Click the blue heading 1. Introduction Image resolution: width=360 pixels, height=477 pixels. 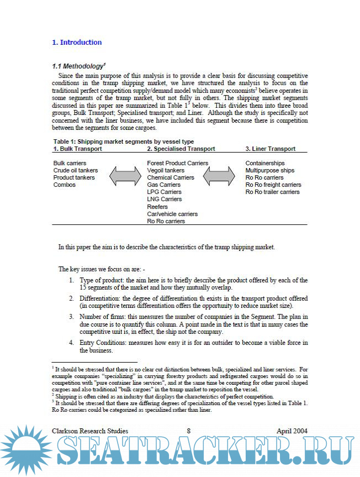click(x=77, y=43)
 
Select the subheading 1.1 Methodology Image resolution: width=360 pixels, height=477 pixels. click(x=78, y=66)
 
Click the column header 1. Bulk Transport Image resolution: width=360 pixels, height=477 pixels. click(x=77, y=149)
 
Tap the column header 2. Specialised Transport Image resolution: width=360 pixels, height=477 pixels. click(x=181, y=149)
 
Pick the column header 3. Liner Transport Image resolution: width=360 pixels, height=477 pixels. click(x=270, y=149)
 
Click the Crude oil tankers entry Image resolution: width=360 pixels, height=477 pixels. click(x=76, y=170)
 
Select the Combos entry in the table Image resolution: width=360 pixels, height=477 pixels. click(x=65, y=185)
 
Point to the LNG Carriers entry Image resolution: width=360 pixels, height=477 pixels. click(x=164, y=199)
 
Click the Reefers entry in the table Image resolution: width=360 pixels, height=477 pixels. click(x=157, y=207)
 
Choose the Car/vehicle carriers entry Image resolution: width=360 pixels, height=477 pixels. click(x=172, y=214)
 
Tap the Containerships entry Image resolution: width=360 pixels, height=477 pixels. click(x=265, y=163)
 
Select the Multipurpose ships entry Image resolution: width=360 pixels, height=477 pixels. click(x=270, y=170)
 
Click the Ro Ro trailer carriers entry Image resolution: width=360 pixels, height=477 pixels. click(x=273, y=192)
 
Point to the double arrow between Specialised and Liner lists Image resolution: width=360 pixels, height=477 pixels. click(x=220, y=176)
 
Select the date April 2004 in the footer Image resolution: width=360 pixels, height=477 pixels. click(x=292, y=431)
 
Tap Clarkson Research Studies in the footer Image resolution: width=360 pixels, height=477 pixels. click(x=90, y=431)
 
